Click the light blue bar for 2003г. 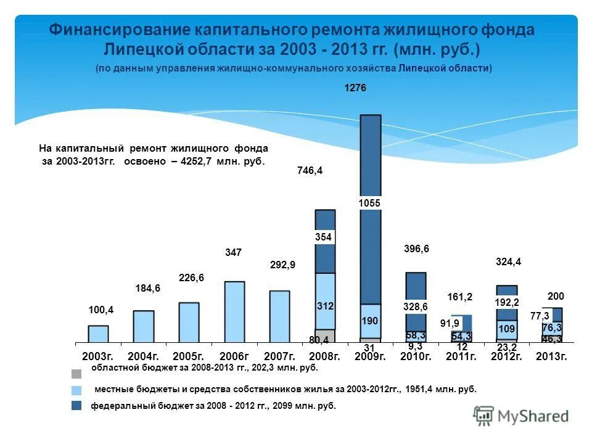coord(98,334)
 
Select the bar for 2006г coord(234,311)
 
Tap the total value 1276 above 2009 coord(355,89)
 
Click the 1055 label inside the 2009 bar coord(371,203)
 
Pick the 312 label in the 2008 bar coord(325,306)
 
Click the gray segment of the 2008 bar coord(325,336)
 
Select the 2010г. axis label coord(415,356)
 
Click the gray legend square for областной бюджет coord(76,374)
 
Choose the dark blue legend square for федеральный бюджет coord(76,406)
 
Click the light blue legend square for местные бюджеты coord(76,390)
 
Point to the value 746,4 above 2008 coord(310,171)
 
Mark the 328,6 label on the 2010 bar coord(416,306)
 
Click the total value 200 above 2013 coord(556,297)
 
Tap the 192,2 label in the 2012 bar coord(506,302)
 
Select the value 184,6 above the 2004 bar coord(147,288)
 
